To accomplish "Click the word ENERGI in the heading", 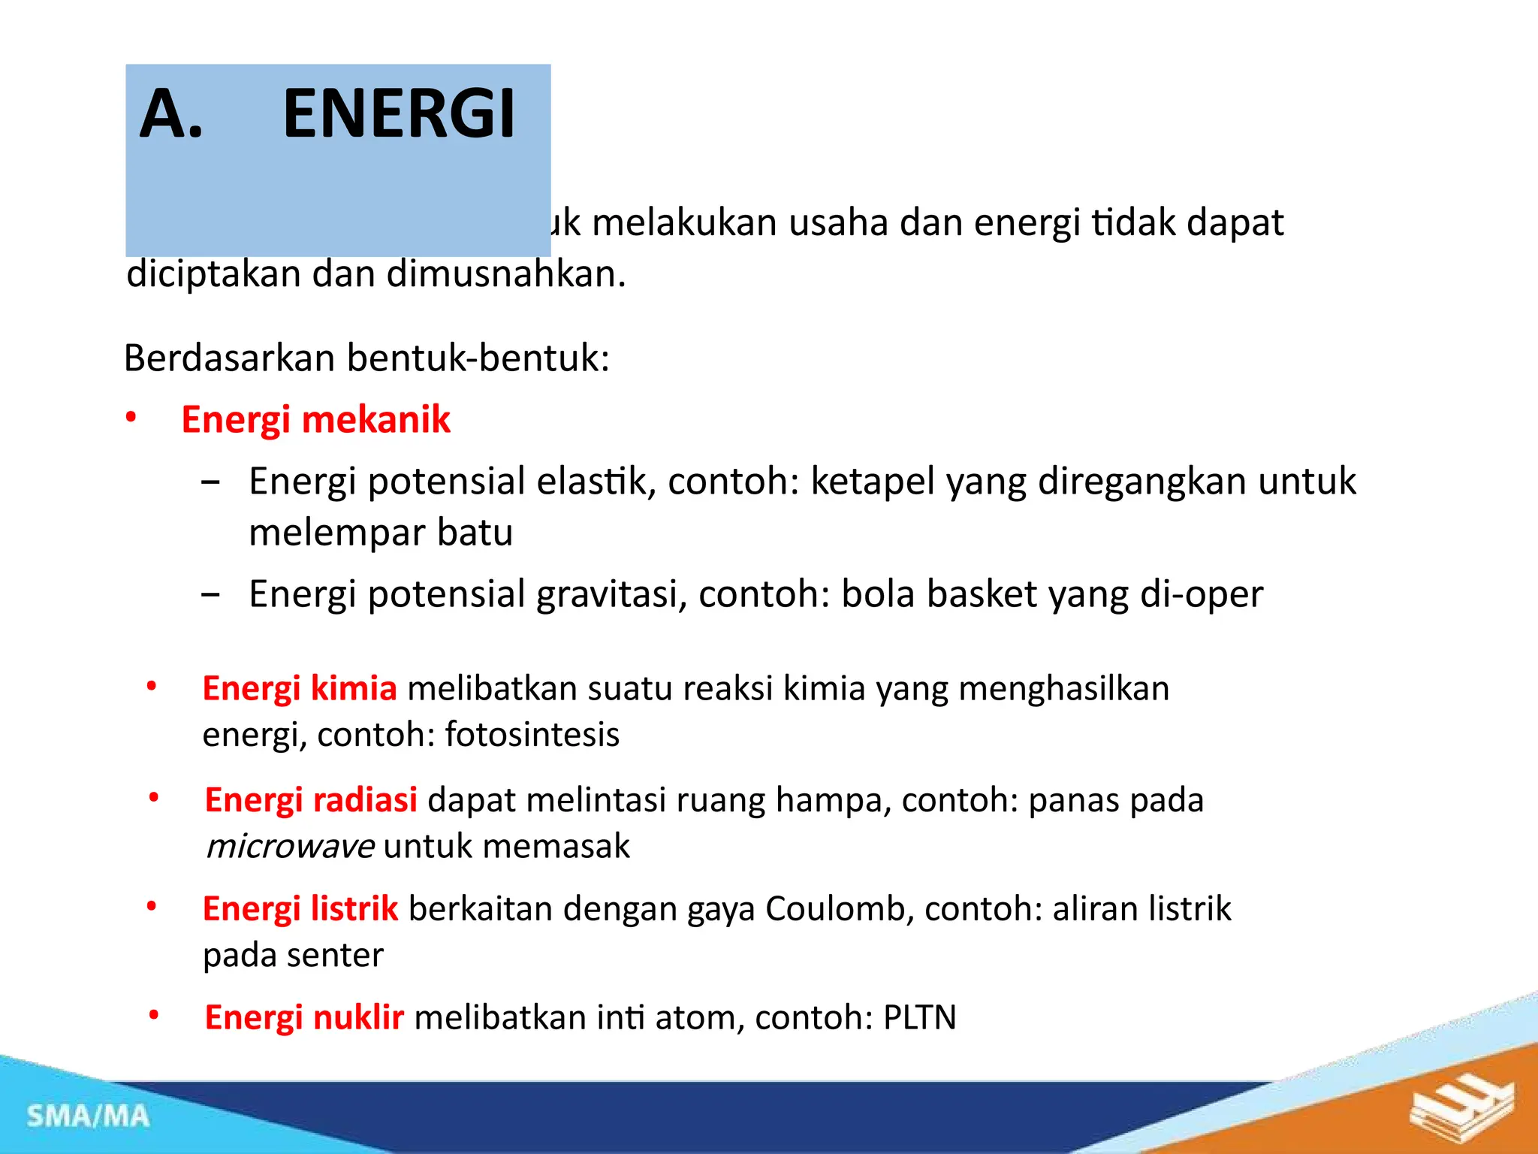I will point(399,114).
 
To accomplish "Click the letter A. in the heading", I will point(172,114).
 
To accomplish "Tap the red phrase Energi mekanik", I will point(315,419).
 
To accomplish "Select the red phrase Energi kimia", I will point(300,688).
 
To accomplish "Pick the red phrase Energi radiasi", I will point(311,800).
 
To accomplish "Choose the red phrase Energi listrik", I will point(300,909).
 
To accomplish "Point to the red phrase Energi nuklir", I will point(304,1018).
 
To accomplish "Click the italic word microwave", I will point(290,847).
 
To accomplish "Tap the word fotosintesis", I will point(532,735).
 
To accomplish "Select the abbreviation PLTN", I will point(919,1018).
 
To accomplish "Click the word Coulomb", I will point(839,909).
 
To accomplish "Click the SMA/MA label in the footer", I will point(88,1116).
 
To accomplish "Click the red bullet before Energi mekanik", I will point(131,418).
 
